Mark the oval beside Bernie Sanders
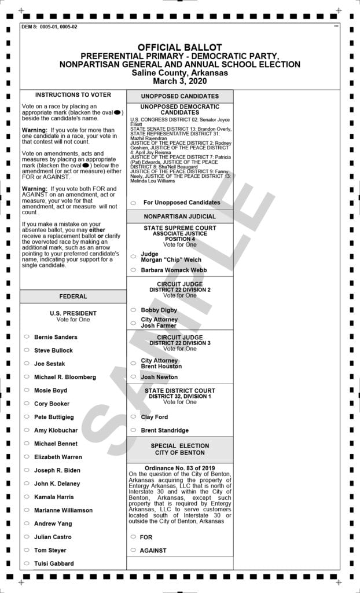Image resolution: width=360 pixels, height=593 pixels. [x=27, y=336]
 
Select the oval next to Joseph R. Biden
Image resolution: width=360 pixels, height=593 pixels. [x=27, y=470]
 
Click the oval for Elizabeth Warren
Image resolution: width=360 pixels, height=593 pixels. [x=27, y=456]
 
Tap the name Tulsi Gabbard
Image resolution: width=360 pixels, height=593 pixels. [x=54, y=563]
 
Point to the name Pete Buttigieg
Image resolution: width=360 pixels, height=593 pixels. [x=54, y=417]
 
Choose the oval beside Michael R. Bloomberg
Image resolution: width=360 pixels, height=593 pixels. [x=27, y=376]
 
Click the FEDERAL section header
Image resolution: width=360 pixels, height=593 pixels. [x=73, y=296]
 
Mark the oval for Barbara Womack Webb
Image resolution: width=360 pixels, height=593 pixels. [x=133, y=270]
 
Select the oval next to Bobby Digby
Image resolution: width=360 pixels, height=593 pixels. [x=133, y=310]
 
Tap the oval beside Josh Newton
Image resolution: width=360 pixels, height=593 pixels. [x=133, y=377]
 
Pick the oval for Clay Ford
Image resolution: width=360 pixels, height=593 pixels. [x=133, y=417]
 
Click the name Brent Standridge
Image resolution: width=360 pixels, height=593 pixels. [x=165, y=430]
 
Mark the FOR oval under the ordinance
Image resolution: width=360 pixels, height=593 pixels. [x=133, y=537]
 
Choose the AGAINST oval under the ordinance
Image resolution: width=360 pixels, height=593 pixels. [x=133, y=550]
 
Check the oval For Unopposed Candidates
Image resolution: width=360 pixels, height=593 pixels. [x=133, y=203]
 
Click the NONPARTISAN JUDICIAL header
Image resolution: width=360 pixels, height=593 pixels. [x=179, y=216]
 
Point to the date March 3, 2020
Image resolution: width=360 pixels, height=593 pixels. [x=179, y=81]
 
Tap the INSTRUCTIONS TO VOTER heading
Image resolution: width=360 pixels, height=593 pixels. [x=73, y=95]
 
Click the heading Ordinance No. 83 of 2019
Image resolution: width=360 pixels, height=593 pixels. [x=179, y=468]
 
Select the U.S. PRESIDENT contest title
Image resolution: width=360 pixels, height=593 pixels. [x=73, y=313]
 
